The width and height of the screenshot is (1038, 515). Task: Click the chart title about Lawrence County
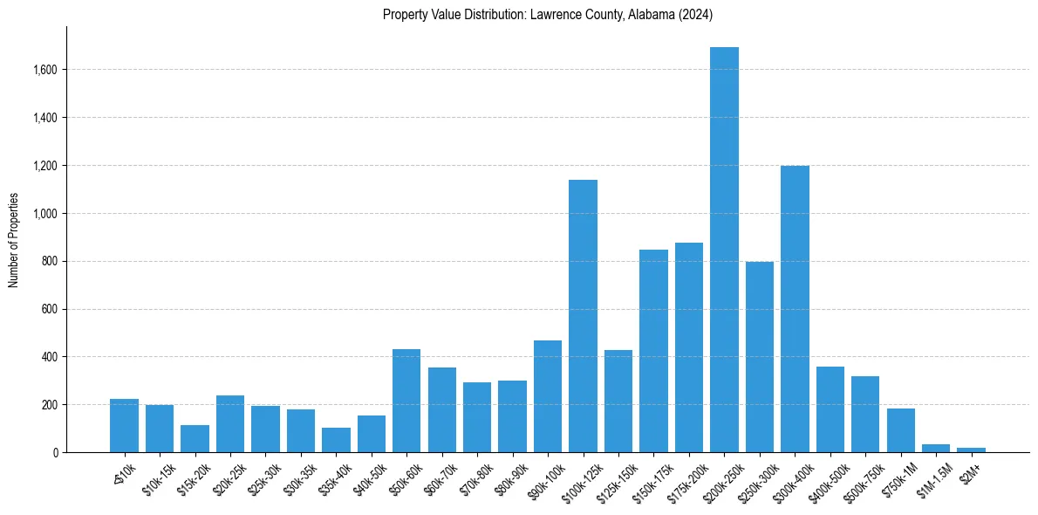[548, 14]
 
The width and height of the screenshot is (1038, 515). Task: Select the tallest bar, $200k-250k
[724, 250]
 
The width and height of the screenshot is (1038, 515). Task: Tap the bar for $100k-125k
[583, 316]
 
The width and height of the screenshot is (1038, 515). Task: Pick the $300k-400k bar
[795, 309]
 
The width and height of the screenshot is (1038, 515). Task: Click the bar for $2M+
[971, 450]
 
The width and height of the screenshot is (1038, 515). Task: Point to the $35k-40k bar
[336, 440]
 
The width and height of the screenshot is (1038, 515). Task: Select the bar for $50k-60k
[406, 401]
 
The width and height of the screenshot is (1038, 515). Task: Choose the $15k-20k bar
[195, 438]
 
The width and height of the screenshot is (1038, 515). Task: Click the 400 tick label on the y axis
[49, 357]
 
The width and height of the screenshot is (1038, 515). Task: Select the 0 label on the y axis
[55, 453]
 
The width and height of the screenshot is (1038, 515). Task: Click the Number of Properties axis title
[13, 240]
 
